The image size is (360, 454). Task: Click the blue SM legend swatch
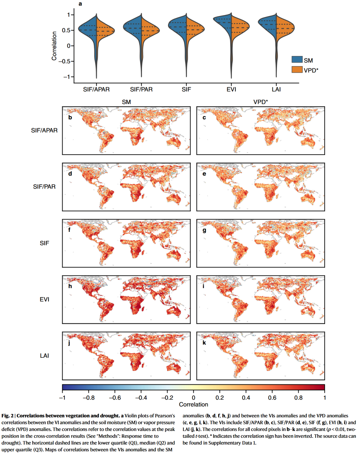(x=297, y=60)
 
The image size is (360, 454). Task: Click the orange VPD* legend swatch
(x=297, y=69)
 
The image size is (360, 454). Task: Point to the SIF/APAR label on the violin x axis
(x=96, y=89)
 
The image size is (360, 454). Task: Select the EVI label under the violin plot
(x=231, y=89)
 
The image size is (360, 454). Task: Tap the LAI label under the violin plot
(x=276, y=89)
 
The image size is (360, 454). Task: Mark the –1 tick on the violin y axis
(x=67, y=77)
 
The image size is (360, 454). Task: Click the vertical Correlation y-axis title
(x=54, y=46)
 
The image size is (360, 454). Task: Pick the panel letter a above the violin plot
(x=80, y=4)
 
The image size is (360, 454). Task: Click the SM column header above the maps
(x=126, y=102)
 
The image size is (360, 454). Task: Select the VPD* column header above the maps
(x=261, y=102)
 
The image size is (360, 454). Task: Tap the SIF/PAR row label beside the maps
(x=44, y=187)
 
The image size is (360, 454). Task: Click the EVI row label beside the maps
(x=44, y=299)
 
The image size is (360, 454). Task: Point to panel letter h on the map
(x=70, y=286)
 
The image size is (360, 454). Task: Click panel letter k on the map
(x=204, y=342)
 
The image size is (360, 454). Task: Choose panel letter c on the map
(x=204, y=118)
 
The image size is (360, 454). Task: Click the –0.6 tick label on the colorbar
(x=115, y=398)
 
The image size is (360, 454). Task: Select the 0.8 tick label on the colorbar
(x=298, y=398)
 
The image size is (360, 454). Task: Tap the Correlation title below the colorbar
(x=193, y=404)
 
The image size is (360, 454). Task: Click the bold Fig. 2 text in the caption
(x=7, y=416)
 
